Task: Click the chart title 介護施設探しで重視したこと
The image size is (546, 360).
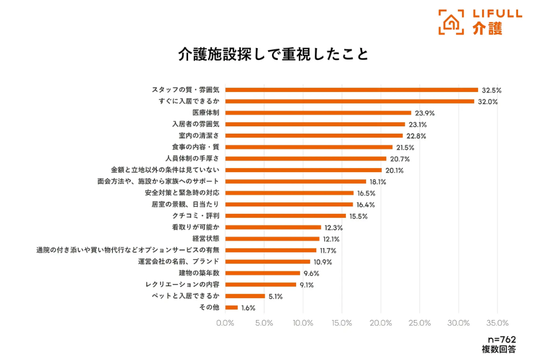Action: (x=273, y=54)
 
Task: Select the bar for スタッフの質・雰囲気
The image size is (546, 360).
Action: (x=352, y=90)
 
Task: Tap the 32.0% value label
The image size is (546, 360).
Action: (x=488, y=102)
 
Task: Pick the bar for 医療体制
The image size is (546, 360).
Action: (x=318, y=113)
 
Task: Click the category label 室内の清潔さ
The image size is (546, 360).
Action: (x=199, y=135)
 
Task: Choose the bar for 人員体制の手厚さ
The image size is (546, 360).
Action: (x=306, y=158)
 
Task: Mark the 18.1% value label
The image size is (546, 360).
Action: (x=377, y=182)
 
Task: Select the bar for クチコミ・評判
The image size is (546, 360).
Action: (x=286, y=215)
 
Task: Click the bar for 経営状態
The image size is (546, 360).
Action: (x=273, y=238)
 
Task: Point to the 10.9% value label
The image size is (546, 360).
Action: (x=322, y=262)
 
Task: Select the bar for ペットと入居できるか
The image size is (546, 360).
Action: (x=245, y=295)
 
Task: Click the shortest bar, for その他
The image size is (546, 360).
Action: (x=232, y=307)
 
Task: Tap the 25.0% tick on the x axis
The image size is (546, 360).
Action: (x=420, y=323)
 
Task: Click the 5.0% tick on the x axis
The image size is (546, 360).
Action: (x=264, y=323)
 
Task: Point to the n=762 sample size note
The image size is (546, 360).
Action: (x=501, y=339)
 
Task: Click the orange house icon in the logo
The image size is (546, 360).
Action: (x=451, y=22)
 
